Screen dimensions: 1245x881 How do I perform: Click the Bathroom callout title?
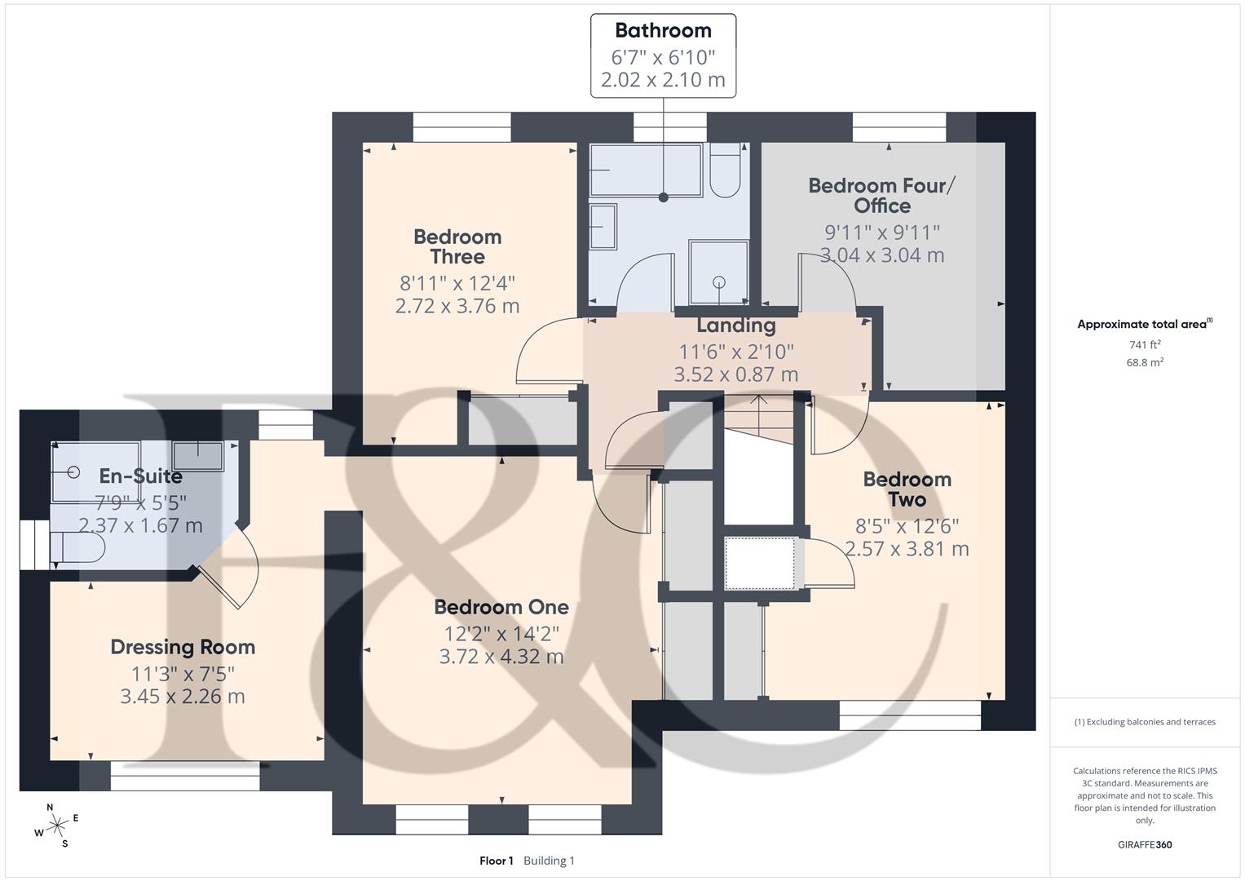click(x=663, y=31)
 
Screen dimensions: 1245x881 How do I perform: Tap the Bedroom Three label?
click(x=457, y=247)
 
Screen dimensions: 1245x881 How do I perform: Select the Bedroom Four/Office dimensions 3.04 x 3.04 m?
click(x=882, y=255)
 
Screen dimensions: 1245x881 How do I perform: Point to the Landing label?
click(x=736, y=325)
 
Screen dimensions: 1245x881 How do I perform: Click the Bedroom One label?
click(x=501, y=607)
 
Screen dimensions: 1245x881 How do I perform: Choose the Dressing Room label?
click(x=183, y=647)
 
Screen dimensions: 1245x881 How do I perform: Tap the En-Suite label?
click(x=140, y=476)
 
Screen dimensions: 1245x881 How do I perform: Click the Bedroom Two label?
click(x=907, y=489)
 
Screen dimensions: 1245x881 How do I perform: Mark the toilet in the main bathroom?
click(x=725, y=170)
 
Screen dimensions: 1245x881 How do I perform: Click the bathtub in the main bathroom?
click(x=646, y=170)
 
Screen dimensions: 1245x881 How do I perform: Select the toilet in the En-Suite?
click(x=77, y=548)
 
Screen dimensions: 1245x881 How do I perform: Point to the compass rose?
click(x=56, y=826)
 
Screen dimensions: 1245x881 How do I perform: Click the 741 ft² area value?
click(x=1145, y=345)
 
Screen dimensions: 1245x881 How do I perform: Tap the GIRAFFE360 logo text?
click(x=1145, y=844)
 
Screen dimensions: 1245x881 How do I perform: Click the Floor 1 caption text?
click(x=497, y=861)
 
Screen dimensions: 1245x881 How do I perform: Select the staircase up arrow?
click(x=759, y=411)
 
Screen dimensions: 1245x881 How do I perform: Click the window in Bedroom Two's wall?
click(x=910, y=715)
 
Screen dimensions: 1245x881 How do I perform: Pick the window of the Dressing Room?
click(x=185, y=776)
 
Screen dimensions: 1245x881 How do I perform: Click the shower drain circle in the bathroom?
click(x=719, y=282)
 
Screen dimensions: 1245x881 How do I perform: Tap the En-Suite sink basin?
click(x=198, y=456)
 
